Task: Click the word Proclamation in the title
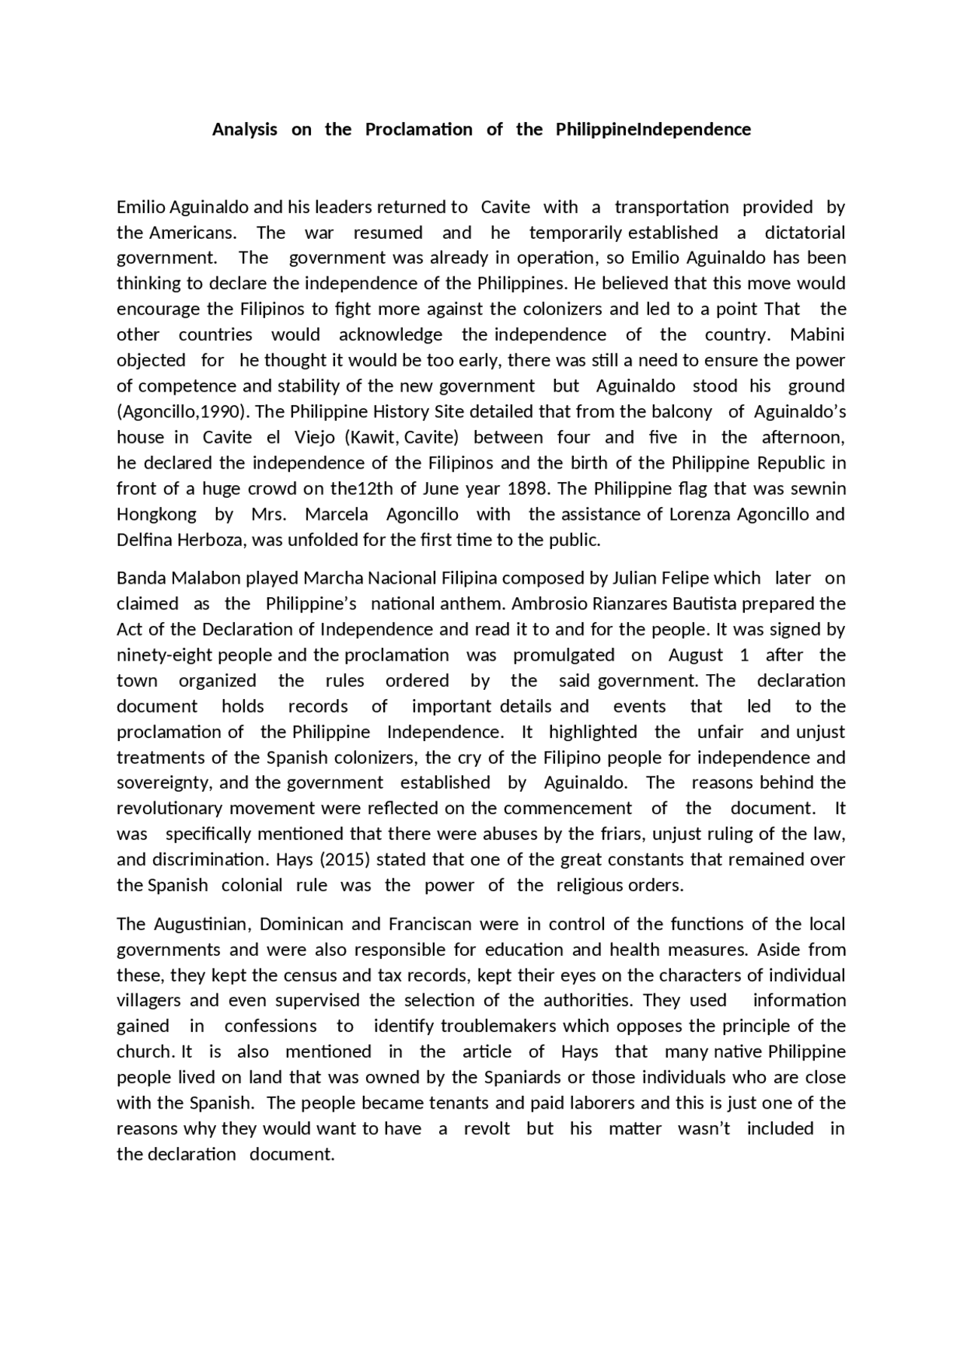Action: tap(419, 130)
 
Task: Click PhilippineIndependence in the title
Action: tap(653, 130)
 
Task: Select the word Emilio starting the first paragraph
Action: tap(141, 207)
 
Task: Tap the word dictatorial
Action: tap(804, 233)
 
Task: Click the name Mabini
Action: tap(817, 334)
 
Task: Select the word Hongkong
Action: tap(156, 514)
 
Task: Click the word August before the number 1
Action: tap(695, 655)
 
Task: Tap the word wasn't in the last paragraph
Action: tap(703, 1129)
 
